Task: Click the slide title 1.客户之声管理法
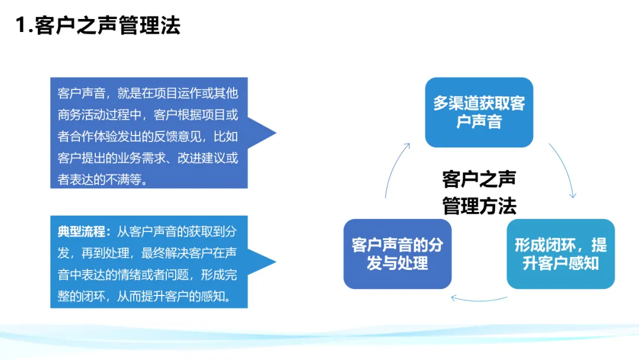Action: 98,25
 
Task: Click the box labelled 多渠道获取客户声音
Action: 479,112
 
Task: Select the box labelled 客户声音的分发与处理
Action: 398,254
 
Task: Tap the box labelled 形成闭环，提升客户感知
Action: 560,254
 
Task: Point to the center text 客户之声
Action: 479,179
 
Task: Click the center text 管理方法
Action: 479,205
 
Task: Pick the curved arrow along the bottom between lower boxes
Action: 479,300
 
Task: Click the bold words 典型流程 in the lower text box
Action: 82,232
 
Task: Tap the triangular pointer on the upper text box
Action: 262,133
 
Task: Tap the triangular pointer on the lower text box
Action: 262,262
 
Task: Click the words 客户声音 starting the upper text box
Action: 82,94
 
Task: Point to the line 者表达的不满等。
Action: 103,179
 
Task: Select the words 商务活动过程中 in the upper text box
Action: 99,115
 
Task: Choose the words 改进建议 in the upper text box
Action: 202,157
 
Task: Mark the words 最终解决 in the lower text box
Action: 165,253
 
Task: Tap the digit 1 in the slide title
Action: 21,25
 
